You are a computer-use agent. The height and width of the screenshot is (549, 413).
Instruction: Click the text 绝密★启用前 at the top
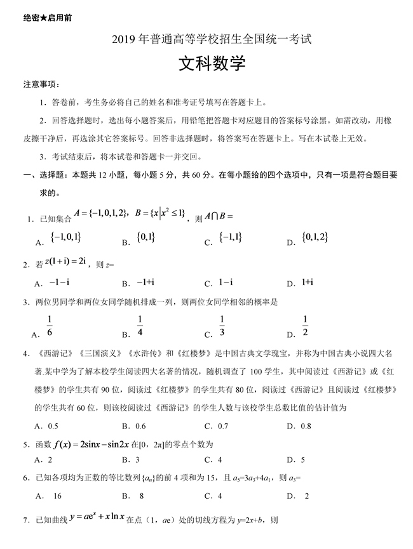tap(48, 17)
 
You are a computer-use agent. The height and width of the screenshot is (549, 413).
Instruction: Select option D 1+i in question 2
tap(310, 282)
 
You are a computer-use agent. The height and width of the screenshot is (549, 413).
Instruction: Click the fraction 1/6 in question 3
tap(50, 326)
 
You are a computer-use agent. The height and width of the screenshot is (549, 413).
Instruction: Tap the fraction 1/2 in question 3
tap(305, 326)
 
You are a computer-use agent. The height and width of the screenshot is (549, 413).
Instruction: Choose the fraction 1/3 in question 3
tap(222, 326)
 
